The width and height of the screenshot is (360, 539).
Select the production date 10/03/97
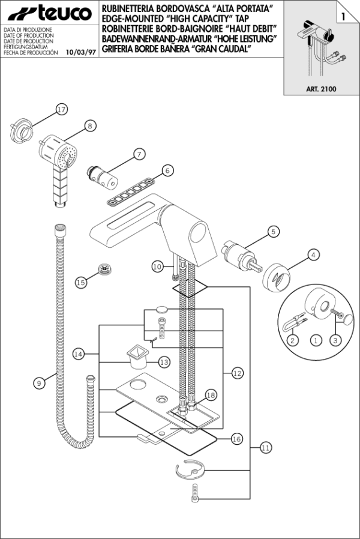click(81, 53)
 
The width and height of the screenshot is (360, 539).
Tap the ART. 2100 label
click(321, 89)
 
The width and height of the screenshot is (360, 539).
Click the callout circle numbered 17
click(61, 110)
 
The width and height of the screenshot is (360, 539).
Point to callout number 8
click(90, 126)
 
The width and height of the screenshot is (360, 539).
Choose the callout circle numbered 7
click(139, 154)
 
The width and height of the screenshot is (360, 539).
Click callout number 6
click(167, 170)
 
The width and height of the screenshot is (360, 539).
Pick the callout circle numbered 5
click(274, 232)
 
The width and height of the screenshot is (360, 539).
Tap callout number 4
click(313, 255)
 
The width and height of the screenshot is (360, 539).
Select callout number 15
click(81, 283)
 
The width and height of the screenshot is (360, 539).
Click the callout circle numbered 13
click(164, 362)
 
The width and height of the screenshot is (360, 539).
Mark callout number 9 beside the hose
click(39, 383)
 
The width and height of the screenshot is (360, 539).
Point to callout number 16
click(236, 439)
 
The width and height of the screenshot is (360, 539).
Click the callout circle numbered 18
click(211, 396)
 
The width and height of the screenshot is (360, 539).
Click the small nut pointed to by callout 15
click(104, 269)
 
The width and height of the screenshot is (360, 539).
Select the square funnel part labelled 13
click(137, 357)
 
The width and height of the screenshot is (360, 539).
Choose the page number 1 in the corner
click(344, 16)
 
